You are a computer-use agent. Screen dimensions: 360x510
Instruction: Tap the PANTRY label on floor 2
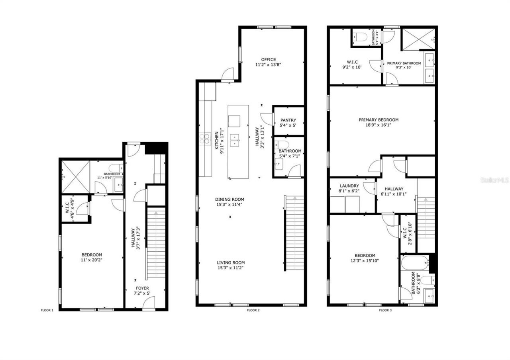pyautogui.click(x=288, y=120)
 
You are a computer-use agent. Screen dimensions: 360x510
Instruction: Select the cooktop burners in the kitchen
pyautogui.click(x=204, y=139)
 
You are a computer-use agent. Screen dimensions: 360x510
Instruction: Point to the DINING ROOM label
pyautogui.click(x=229, y=200)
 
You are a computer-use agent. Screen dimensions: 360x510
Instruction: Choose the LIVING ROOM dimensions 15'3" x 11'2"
pyautogui.click(x=231, y=268)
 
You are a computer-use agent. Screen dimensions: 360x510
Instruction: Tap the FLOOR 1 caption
pyautogui.click(x=47, y=310)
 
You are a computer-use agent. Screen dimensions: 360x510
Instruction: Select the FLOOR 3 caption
pyautogui.click(x=385, y=310)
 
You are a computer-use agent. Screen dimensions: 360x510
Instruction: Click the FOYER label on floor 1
pyautogui.click(x=142, y=288)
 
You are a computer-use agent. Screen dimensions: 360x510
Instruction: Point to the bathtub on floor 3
pyautogui.click(x=414, y=263)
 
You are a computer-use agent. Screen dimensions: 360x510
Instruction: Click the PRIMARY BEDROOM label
pyautogui.click(x=379, y=120)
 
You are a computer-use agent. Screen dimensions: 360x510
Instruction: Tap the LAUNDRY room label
pyautogui.click(x=349, y=186)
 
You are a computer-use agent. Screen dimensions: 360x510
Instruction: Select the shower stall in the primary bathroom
pyautogui.click(x=418, y=39)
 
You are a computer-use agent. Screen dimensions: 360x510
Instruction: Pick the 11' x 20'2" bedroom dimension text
pyautogui.click(x=92, y=260)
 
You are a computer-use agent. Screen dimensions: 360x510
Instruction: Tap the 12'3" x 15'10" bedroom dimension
pyautogui.click(x=365, y=261)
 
